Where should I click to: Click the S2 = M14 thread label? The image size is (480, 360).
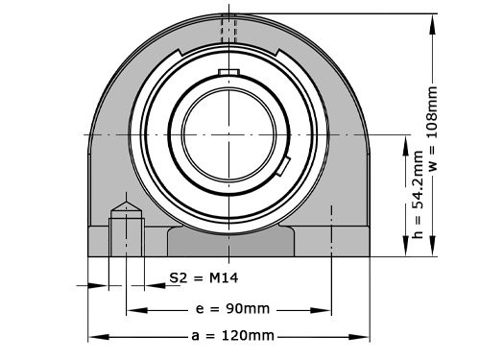pos(203,278)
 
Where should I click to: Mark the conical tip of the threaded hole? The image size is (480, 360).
pos(126,208)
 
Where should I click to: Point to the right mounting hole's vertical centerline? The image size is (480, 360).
pos(331,230)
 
